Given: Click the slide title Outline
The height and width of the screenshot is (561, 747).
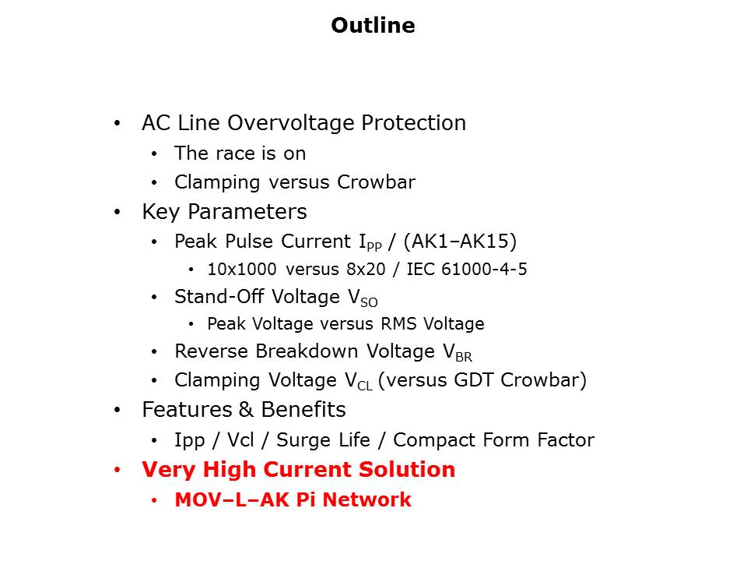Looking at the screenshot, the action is [373, 25].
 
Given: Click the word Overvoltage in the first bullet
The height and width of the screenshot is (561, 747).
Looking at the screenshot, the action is [291, 122].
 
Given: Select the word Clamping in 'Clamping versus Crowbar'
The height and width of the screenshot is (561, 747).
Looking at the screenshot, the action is [217, 182].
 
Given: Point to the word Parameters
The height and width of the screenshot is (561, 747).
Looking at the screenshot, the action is [247, 211].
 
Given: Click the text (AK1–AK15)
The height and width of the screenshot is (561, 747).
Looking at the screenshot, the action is [460, 242].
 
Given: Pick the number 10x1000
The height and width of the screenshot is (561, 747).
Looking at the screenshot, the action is [241, 270].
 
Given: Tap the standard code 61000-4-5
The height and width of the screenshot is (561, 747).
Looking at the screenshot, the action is [484, 270].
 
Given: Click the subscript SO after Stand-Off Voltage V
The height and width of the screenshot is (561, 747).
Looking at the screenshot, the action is [369, 302].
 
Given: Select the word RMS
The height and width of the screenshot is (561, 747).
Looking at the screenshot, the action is [398, 324].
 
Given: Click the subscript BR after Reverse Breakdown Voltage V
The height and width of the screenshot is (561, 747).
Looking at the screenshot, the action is [464, 357].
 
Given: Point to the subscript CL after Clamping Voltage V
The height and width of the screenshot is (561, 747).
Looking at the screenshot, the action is [364, 386].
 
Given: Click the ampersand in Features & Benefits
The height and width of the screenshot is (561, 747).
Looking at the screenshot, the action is [247, 410].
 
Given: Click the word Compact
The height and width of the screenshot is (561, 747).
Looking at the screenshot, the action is [434, 440].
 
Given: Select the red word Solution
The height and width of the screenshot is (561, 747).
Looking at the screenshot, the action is [407, 469].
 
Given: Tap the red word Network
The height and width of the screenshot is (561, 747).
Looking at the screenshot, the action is [366, 500].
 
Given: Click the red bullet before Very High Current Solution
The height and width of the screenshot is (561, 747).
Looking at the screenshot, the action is [117, 471].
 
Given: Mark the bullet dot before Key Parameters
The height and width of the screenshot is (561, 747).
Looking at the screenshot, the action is [117, 212].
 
